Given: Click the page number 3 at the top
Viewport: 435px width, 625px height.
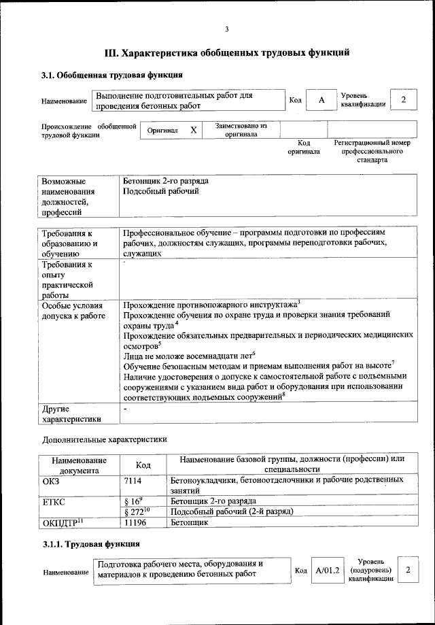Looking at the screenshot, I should click(227, 28).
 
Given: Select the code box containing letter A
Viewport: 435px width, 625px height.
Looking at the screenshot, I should click(321, 100).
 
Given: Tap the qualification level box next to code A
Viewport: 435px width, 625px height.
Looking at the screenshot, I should click(403, 100).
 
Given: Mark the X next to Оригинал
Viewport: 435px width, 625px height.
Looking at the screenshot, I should click(193, 130).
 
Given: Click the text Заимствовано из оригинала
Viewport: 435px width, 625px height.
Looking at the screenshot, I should click(241, 130).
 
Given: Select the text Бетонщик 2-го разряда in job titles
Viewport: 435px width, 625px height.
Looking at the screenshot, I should click(166, 182).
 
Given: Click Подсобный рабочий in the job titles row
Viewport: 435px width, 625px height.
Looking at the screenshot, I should click(161, 192).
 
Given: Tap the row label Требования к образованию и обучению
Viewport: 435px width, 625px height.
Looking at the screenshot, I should click(74, 243).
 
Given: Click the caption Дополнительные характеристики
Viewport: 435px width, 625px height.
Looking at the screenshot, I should click(104, 440).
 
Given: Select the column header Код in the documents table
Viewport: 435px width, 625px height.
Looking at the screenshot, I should click(143, 464).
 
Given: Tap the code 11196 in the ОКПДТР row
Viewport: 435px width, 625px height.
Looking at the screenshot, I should click(136, 522).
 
